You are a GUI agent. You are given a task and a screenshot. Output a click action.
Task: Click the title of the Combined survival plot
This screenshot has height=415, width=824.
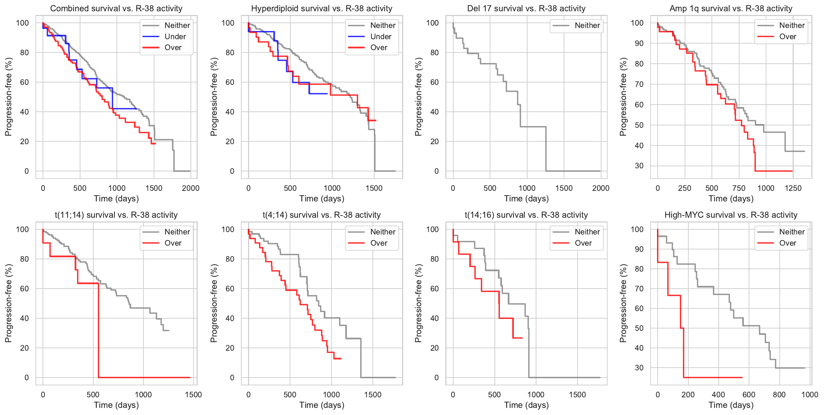tap(116, 9)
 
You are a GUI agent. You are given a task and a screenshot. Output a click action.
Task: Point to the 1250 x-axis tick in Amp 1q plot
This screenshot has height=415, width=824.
tap(793, 188)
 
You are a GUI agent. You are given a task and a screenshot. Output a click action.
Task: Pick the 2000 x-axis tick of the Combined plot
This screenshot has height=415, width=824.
tap(190, 188)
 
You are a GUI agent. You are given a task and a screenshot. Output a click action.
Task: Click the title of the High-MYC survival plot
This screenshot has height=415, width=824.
tap(731, 215)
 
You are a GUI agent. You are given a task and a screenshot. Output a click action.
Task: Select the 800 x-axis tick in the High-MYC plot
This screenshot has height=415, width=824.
tap(779, 395)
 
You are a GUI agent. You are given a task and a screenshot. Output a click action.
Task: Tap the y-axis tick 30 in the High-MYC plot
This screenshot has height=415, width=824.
tap(639, 368)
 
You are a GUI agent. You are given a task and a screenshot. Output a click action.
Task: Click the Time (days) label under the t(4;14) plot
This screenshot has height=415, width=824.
tap(322, 405)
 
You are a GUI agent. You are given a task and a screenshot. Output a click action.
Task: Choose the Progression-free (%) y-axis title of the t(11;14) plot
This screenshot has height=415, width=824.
tap(9, 303)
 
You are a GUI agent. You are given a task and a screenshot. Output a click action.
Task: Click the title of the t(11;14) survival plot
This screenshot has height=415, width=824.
tap(116, 215)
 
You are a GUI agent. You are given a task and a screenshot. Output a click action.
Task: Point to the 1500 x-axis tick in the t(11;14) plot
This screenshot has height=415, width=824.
tap(193, 395)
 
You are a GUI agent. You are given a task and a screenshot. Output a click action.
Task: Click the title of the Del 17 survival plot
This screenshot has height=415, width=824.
tap(526, 9)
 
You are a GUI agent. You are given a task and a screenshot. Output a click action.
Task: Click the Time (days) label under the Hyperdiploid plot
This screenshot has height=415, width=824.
tap(322, 199)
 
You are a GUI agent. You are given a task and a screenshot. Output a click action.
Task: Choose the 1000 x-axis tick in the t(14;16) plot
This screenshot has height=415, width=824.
tap(536, 395)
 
